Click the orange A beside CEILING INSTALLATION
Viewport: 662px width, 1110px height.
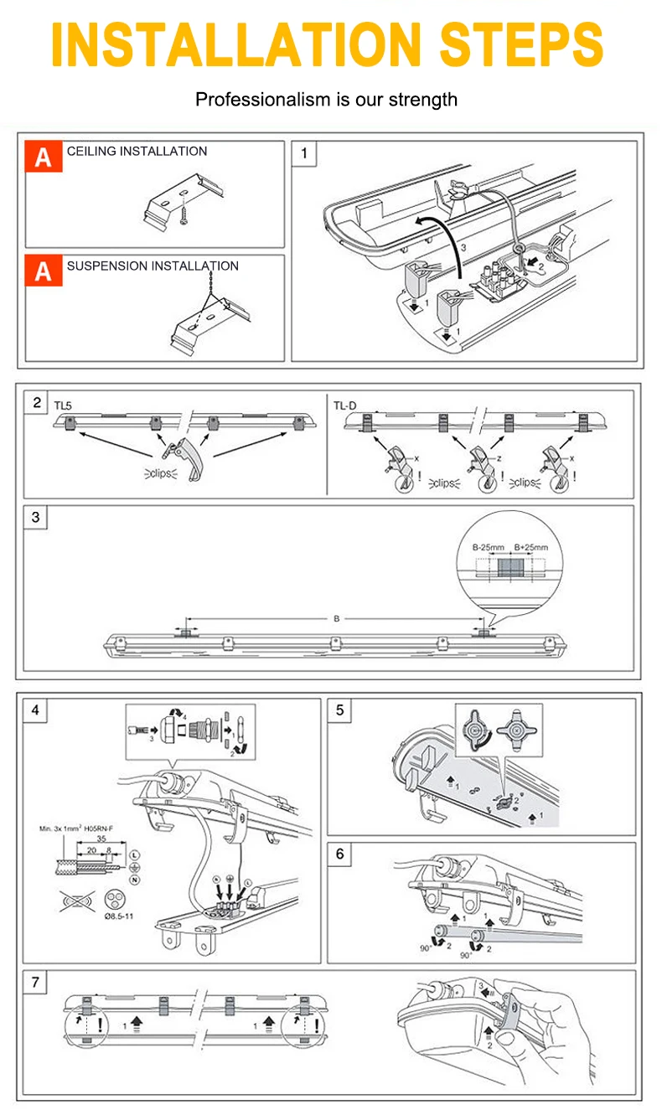point(44,157)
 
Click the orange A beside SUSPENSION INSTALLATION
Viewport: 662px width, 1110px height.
point(44,271)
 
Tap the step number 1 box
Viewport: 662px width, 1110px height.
point(304,153)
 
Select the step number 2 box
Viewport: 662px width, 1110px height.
point(37,402)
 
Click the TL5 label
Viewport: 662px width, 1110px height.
point(63,405)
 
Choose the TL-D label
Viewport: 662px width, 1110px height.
point(344,405)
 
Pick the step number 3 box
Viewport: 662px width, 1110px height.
point(36,517)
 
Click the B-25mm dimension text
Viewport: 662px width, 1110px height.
point(487,548)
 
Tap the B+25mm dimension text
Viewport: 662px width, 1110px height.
point(530,548)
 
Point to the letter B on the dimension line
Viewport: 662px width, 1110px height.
point(336,619)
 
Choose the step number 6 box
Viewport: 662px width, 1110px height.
point(339,854)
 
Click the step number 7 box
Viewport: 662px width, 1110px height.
point(36,982)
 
